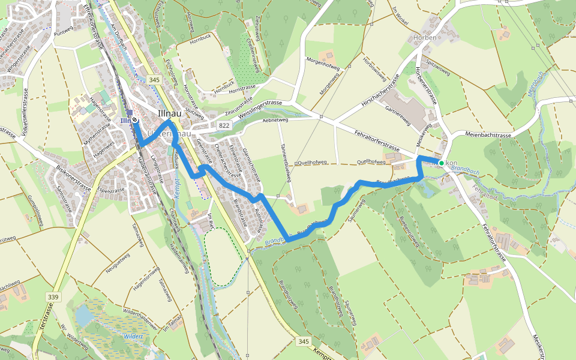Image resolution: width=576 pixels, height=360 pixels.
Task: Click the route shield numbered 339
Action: [x=53, y=297]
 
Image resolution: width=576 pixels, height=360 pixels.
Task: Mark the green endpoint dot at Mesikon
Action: [x=441, y=163]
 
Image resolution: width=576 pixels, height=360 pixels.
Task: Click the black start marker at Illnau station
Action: [x=135, y=120]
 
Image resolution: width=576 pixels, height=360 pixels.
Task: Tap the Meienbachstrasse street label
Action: [x=488, y=136]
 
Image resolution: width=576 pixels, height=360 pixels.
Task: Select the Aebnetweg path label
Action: [x=275, y=121]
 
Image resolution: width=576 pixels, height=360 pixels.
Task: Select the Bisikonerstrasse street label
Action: [x=70, y=179]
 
